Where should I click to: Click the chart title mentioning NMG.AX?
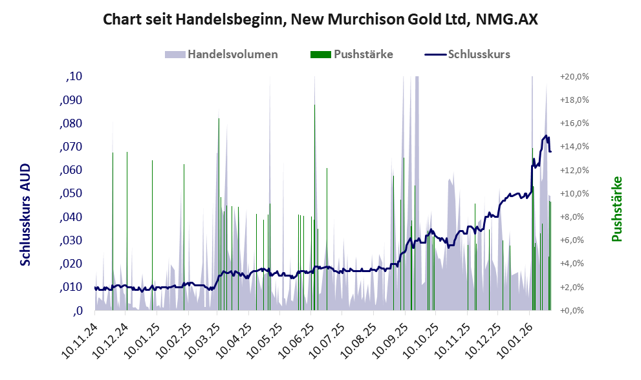click(320, 20)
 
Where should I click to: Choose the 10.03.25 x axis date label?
click(203, 337)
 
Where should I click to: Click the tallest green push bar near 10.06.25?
click(314, 194)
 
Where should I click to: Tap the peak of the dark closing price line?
click(547, 136)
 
